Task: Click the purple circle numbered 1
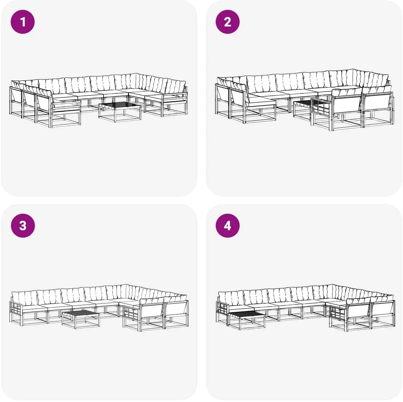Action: click(x=23, y=22)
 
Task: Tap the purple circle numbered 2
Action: click(x=227, y=22)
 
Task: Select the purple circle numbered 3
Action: click(x=23, y=225)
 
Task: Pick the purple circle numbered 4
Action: click(x=227, y=225)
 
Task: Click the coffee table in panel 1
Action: click(x=120, y=112)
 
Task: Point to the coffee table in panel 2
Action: click(x=303, y=109)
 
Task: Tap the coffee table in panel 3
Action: click(x=80, y=319)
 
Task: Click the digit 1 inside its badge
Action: click(x=23, y=22)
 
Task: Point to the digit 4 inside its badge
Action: click(x=227, y=225)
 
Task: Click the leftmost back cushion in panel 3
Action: click(x=25, y=298)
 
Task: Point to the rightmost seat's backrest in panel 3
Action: click(x=176, y=309)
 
